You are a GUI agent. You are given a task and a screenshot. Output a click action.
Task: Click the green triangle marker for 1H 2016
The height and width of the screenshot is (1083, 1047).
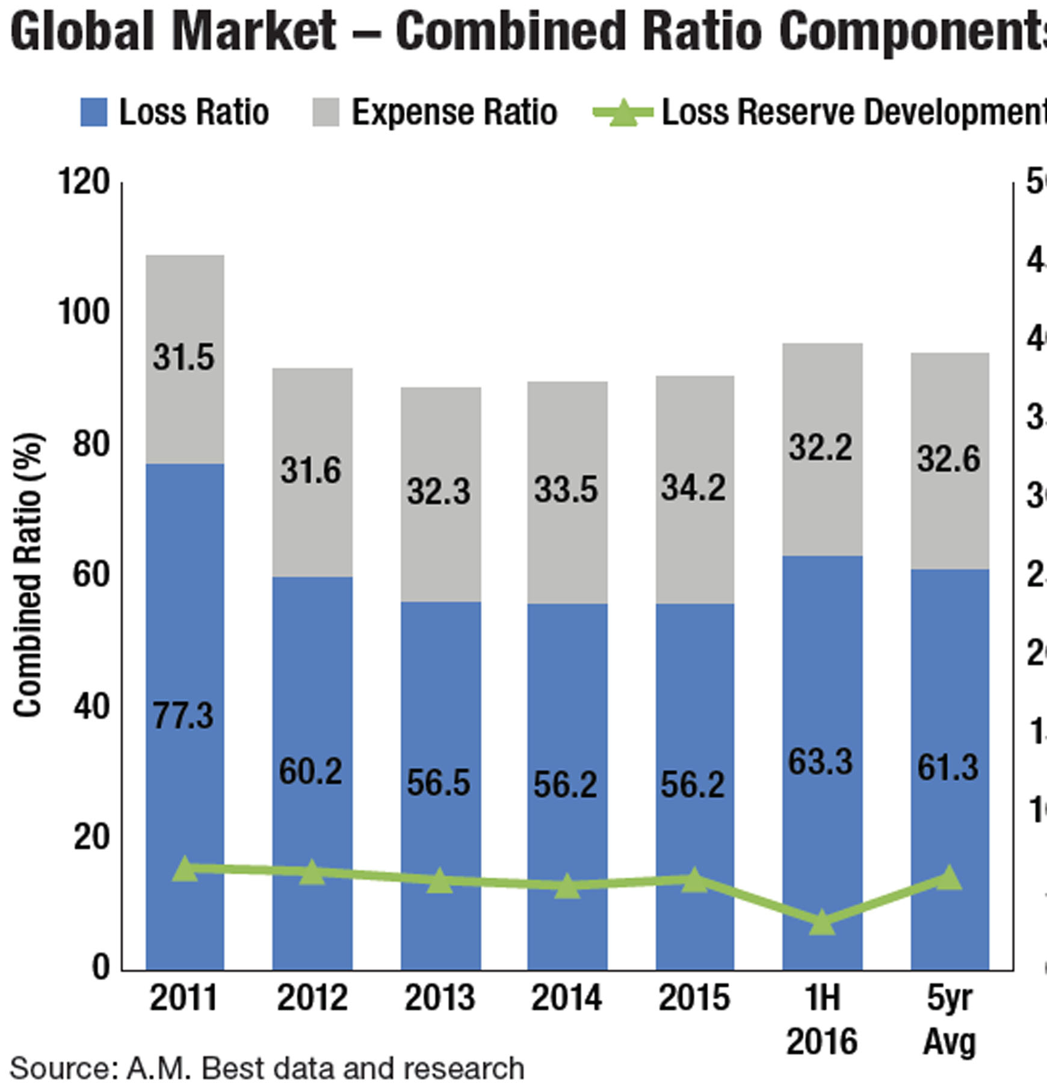[822, 923]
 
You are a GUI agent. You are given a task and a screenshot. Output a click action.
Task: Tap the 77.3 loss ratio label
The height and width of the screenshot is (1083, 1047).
[183, 716]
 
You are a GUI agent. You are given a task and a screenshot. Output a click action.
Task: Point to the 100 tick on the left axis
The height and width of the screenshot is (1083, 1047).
[84, 312]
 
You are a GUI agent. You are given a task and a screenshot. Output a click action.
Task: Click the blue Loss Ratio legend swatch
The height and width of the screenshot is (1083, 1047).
[94, 113]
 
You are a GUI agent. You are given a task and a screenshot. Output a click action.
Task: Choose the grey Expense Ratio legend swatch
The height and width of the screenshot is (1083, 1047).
[326, 113]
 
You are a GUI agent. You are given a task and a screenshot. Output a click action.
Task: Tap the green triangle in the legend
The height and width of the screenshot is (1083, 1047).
[623, 113]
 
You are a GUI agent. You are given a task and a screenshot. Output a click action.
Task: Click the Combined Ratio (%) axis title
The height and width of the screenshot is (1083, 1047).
[28, 575]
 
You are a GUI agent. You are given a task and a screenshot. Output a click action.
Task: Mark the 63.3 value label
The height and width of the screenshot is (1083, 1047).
[821, 762]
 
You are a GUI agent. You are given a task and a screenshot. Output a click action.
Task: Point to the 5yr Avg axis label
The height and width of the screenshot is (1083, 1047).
[949, 1019]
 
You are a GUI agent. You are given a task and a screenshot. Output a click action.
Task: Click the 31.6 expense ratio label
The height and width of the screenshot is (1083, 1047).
[311, 470]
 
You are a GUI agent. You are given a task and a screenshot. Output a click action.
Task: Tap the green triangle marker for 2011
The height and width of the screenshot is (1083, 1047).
[185, 870]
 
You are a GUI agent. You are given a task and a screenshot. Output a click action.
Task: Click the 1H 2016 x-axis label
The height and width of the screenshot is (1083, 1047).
[822, 1019]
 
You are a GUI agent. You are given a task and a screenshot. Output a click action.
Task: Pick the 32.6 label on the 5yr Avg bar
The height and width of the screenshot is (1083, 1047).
[949, 458]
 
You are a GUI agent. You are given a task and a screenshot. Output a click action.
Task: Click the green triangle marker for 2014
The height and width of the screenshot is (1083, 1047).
[567, 886]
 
